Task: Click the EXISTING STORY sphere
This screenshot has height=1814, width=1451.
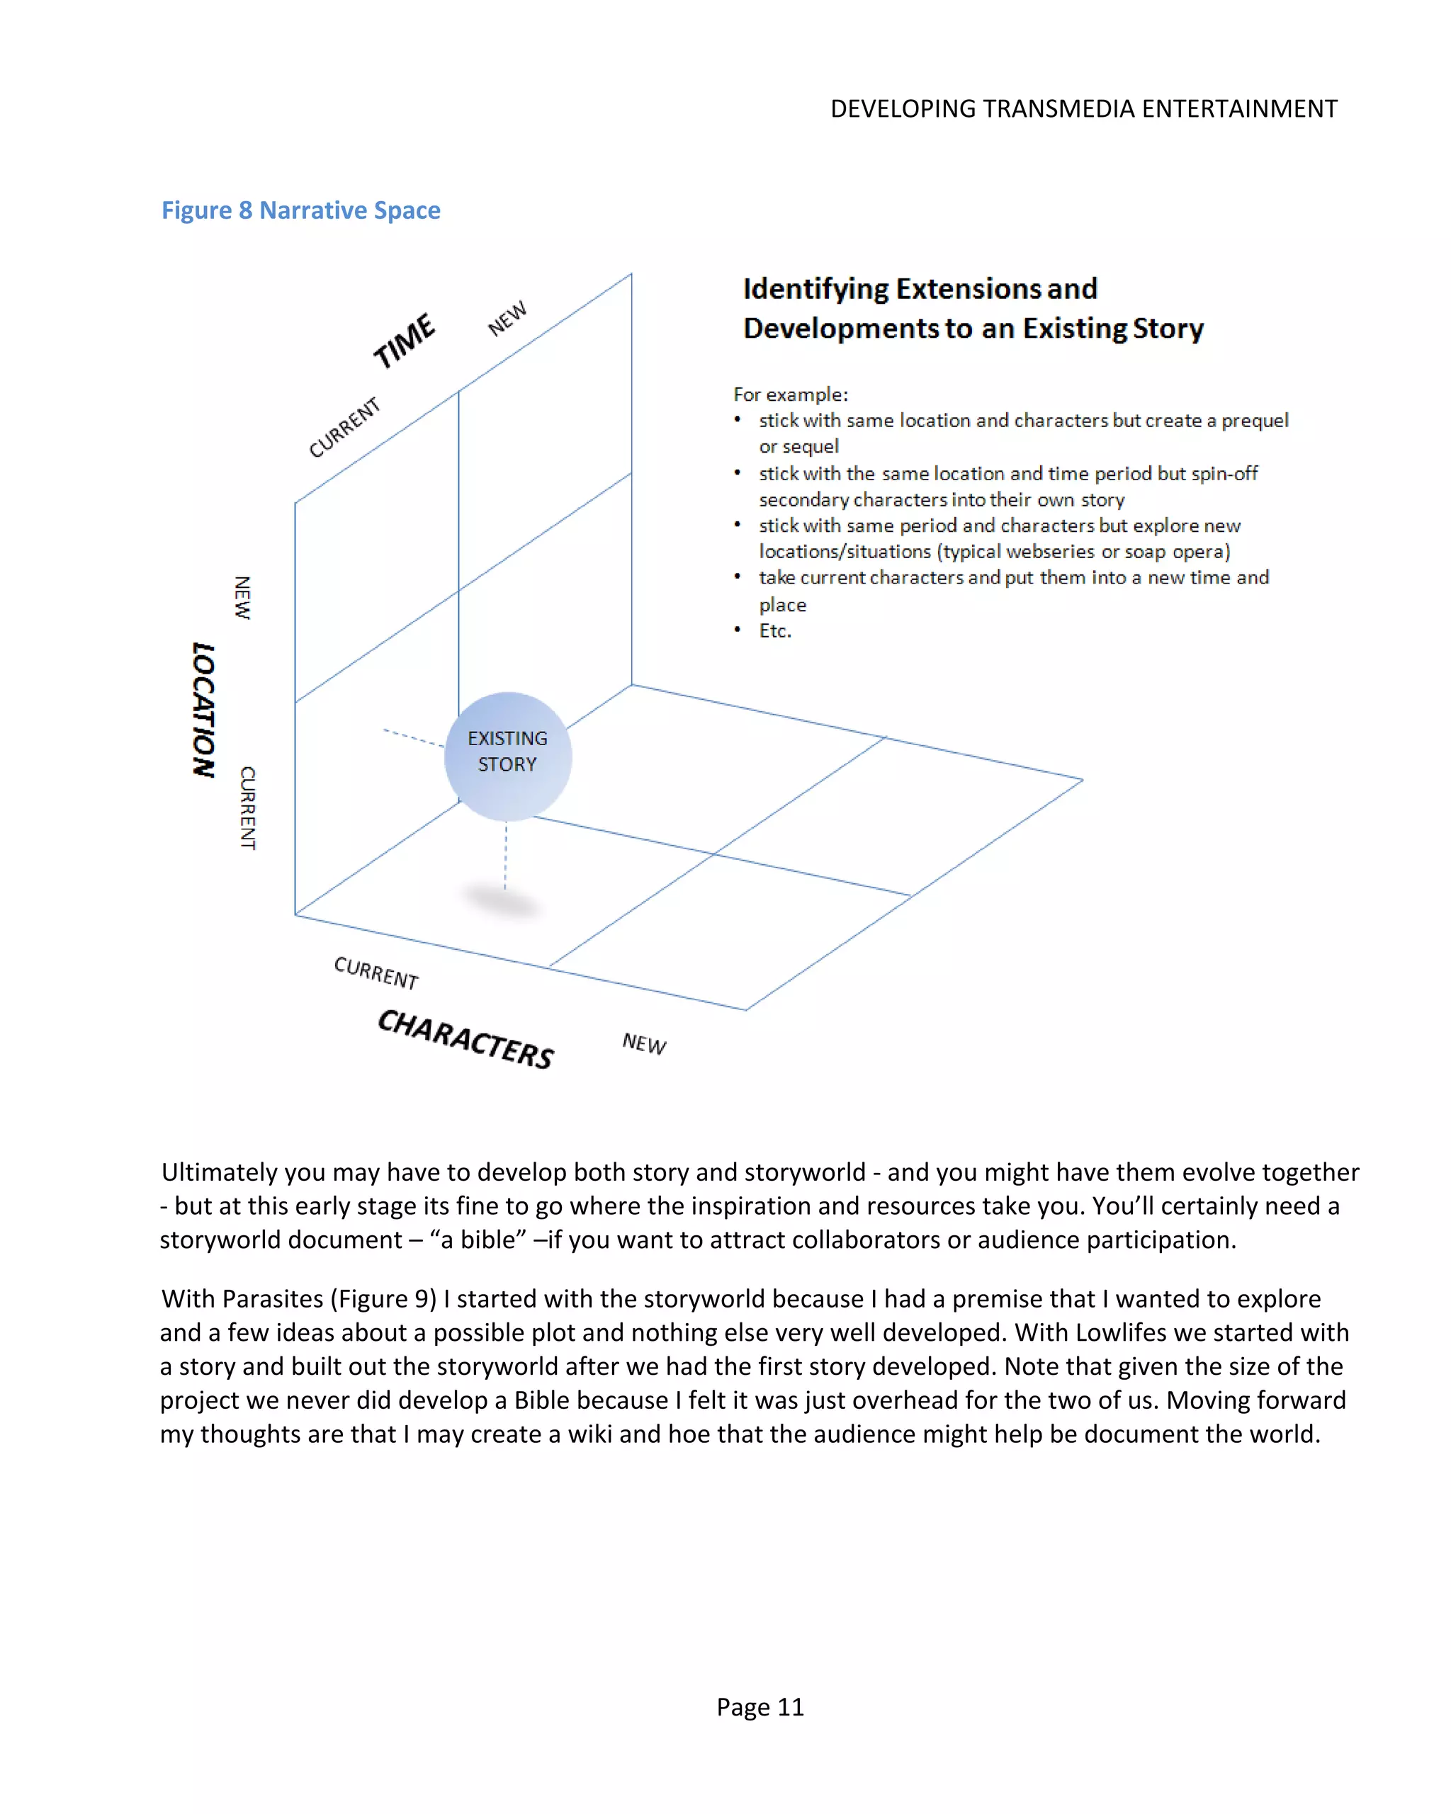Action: (x=507, y=756)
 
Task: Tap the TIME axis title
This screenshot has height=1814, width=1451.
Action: (x=404, y=341)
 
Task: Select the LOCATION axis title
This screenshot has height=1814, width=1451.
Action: (x=203, y=709)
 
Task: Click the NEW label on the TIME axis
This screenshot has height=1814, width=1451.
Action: (x=507, y=318)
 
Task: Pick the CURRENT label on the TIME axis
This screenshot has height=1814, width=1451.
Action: (x=344, y=427)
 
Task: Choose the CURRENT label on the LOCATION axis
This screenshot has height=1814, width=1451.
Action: (x=247, y=807)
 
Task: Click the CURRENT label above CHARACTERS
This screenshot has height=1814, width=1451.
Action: (x=376, y=973)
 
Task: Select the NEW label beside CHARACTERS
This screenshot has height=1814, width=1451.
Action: (x=644, y=1043)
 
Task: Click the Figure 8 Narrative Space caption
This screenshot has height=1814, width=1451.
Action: (x=300, y=210)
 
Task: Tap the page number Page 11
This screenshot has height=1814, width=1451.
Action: (x=760, y=1706)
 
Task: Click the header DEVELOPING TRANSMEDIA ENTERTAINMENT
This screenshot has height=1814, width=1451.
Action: (x=1083, y=108)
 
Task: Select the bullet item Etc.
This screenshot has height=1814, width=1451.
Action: (x=774, y=630)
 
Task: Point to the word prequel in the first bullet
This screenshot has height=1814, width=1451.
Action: (x=1254, y=420)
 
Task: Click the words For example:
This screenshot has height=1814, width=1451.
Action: (x=789, y=394)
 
